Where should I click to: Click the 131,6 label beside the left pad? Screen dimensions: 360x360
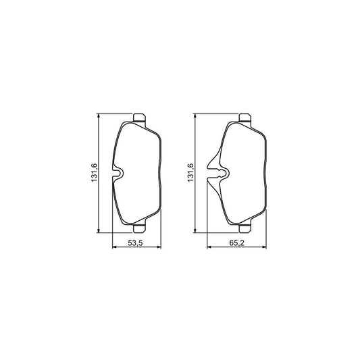[95, 173]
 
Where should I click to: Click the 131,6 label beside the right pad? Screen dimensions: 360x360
[190, 173]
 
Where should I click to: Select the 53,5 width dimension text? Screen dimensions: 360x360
[136, 243]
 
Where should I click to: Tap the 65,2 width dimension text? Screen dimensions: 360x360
[236, 243]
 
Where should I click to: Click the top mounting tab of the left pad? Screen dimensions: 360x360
[139, 118]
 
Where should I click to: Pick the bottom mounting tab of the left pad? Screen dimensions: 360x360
[139, 228]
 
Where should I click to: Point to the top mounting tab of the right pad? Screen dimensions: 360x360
[245, 118]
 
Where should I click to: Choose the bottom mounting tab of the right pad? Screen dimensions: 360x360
[245, 228]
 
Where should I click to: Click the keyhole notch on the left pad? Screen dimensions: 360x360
[118, 174]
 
